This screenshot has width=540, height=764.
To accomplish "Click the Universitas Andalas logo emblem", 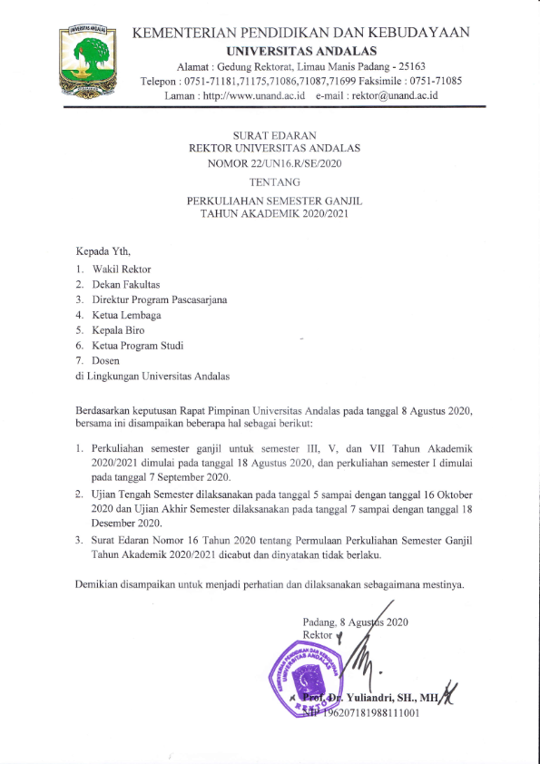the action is click(89, 60).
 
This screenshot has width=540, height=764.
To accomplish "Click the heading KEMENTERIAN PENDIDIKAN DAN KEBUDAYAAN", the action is click(301, 33).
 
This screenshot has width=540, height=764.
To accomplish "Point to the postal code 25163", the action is click(419, 66).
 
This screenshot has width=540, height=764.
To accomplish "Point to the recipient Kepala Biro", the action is click(119, 330).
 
